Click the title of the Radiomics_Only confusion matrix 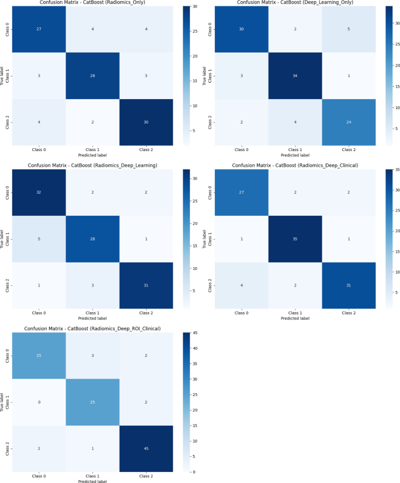(92, 3)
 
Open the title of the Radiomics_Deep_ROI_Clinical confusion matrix (92, 328)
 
